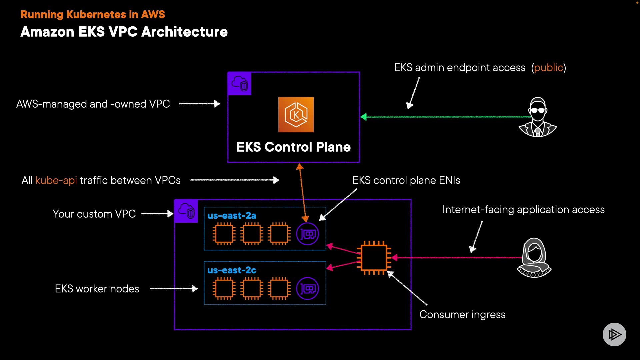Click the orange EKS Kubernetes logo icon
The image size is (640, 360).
click(x=296, y=115)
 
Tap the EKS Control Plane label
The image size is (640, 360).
click(x=293, y=147)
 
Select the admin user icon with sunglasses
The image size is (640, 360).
click(x=538, y=117)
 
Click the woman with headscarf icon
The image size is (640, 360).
click(x=534, y=258)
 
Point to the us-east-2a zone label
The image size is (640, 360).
click(x=232, y=216)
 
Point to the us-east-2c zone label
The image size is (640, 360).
click(x=232, y=270)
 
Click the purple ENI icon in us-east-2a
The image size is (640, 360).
click(x=307, y=234)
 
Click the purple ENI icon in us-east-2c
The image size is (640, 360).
click(x=307, y=289)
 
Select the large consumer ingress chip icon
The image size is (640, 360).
click(x=374, y=258)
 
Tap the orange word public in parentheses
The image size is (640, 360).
click(x=548, y=68)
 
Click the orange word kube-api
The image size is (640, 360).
click(x=56, y=180)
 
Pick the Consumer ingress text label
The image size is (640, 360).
click(x=462, y=315)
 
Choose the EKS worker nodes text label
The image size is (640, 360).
click(x=97, y=289)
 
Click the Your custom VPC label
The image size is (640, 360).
click(x=94, y=214)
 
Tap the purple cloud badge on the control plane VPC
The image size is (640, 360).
click(x=240, y=84)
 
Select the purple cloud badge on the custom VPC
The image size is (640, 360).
click(x=186, y=211)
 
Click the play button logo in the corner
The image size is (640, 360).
click(x=614, y=334)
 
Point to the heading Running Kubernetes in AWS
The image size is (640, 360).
click(x=93, y=14)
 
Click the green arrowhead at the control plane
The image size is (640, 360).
click(x=364, y=117)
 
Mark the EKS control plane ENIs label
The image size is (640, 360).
click(x=406, y=180)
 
